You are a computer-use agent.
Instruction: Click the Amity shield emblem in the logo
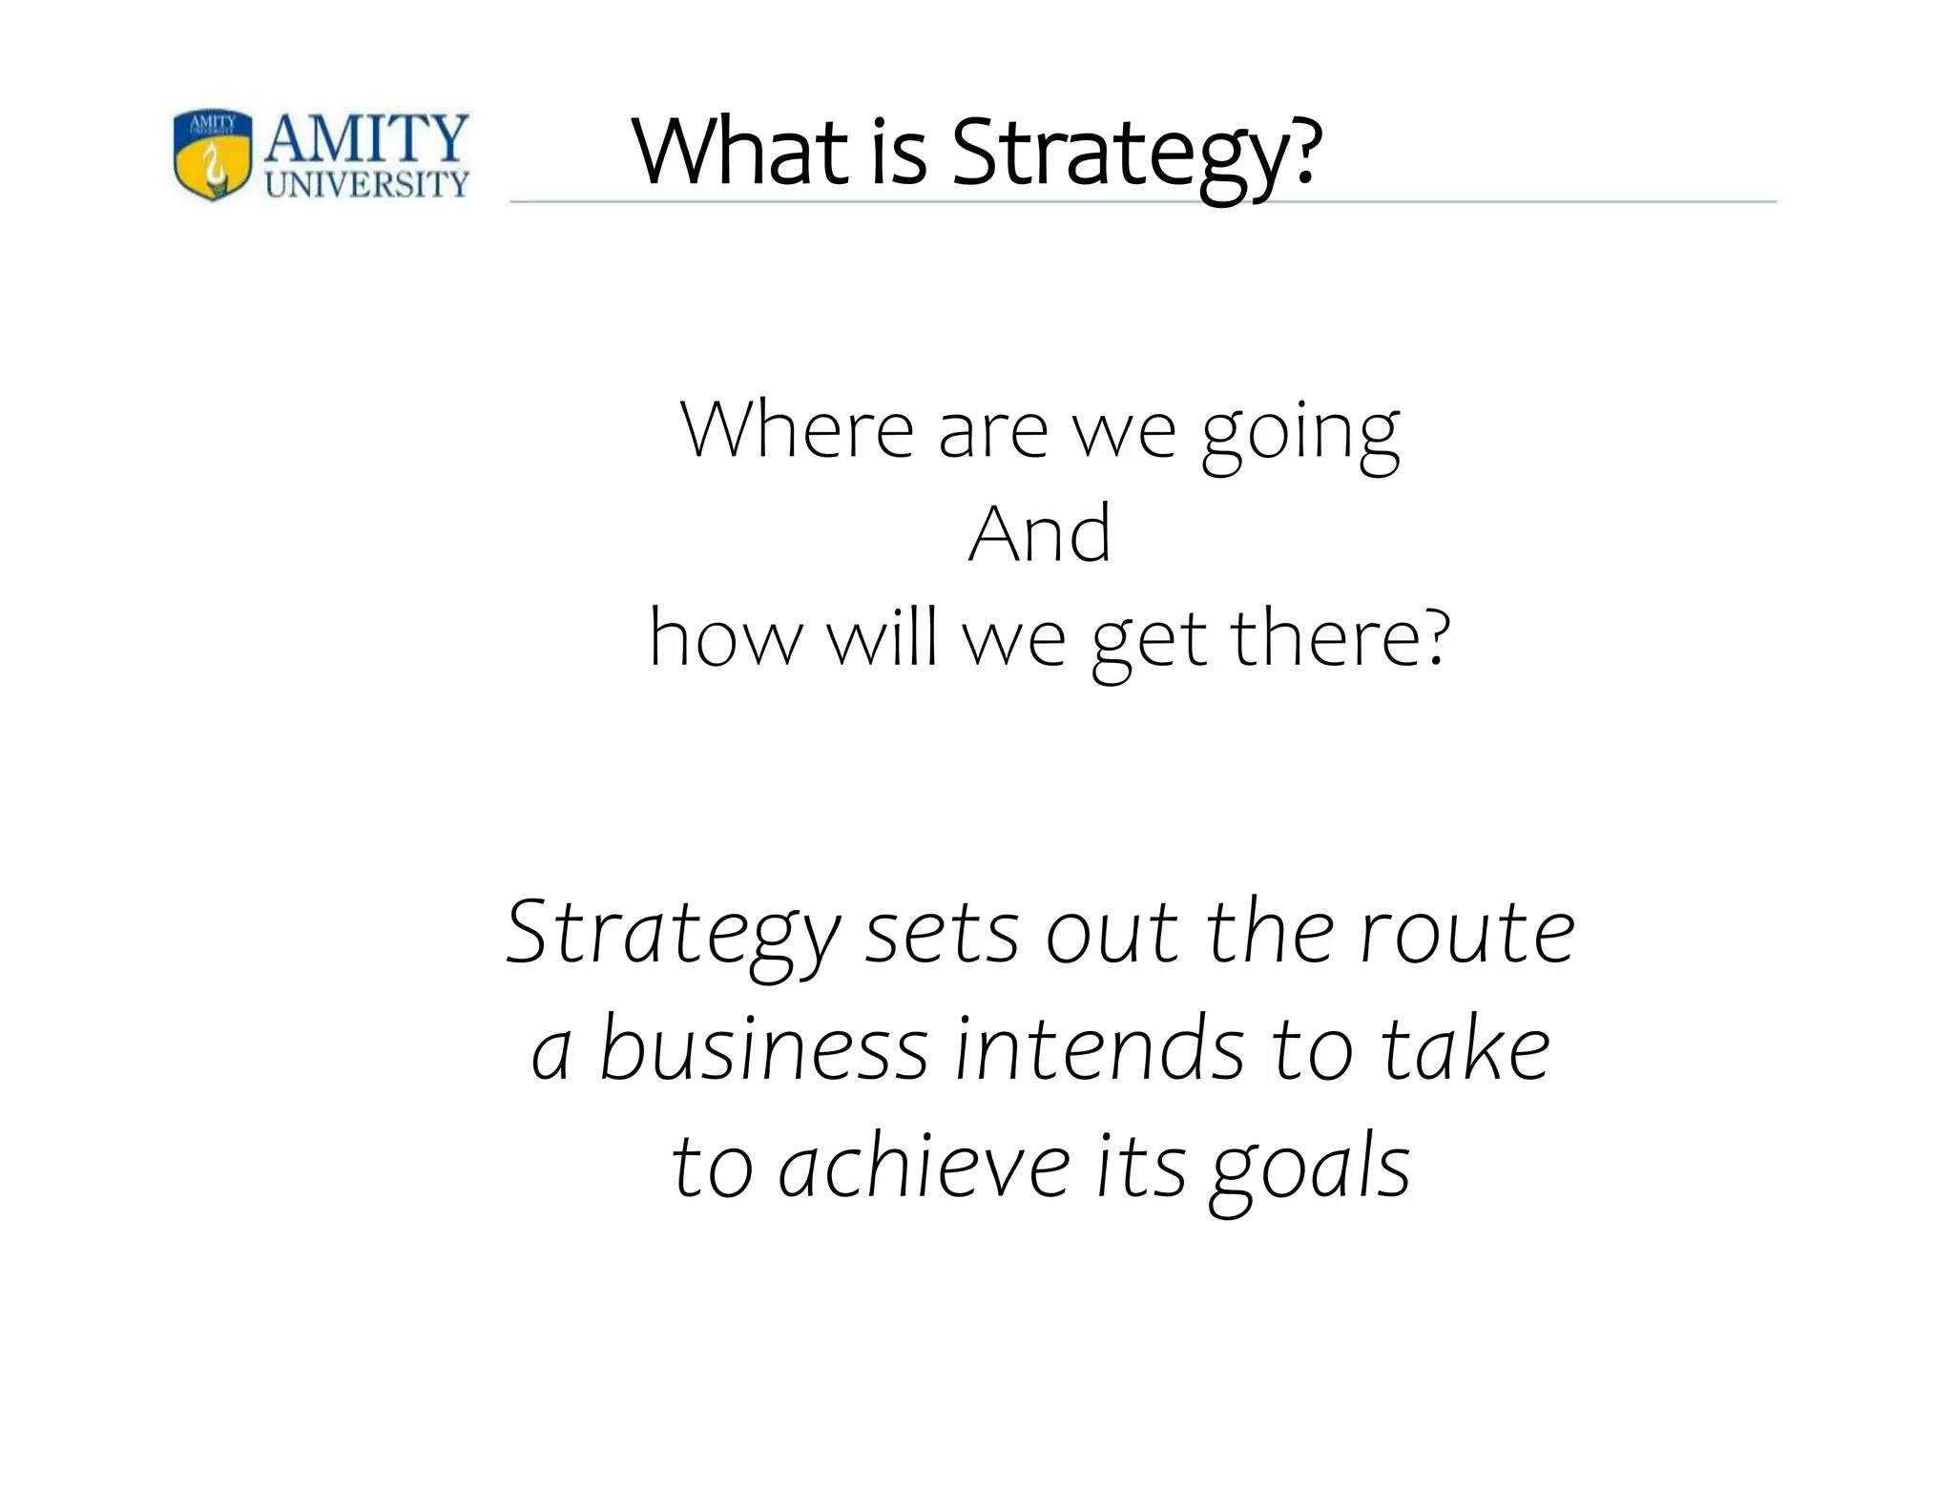[x=213, y=154]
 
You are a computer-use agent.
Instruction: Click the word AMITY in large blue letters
[x=366, y=139]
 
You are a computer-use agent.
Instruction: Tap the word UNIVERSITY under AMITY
[x=366, y=184]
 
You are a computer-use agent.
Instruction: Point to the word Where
[x=797, y=430]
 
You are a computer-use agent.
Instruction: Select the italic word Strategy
[x=673, y=935]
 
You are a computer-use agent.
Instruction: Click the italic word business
[x=763, y=1049]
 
